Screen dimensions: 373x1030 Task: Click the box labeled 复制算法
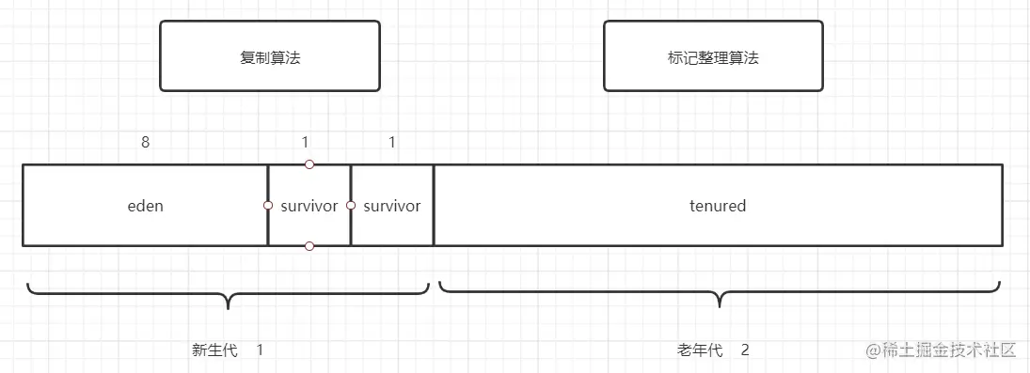point(270,56)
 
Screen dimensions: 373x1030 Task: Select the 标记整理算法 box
point(713,56)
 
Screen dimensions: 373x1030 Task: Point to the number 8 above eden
point(145,142)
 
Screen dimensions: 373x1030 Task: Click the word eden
point(145,206)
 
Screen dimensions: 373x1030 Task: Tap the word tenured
point(718,206)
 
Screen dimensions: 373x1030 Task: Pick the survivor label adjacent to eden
point(309,206)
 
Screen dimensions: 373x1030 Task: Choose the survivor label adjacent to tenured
point(392,206)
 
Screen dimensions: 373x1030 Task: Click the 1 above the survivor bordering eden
point(305,142)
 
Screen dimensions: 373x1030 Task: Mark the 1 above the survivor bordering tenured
point(392,142)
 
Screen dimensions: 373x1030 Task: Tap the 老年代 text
point(700,350)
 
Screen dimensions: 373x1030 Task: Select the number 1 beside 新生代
point(260,350)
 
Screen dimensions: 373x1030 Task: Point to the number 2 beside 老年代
point(745,350)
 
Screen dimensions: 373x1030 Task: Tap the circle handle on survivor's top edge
point(309,164)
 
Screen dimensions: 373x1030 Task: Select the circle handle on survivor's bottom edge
point(309,246)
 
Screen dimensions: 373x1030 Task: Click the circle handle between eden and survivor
point(268,205)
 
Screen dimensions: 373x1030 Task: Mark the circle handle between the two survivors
point(351,205)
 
